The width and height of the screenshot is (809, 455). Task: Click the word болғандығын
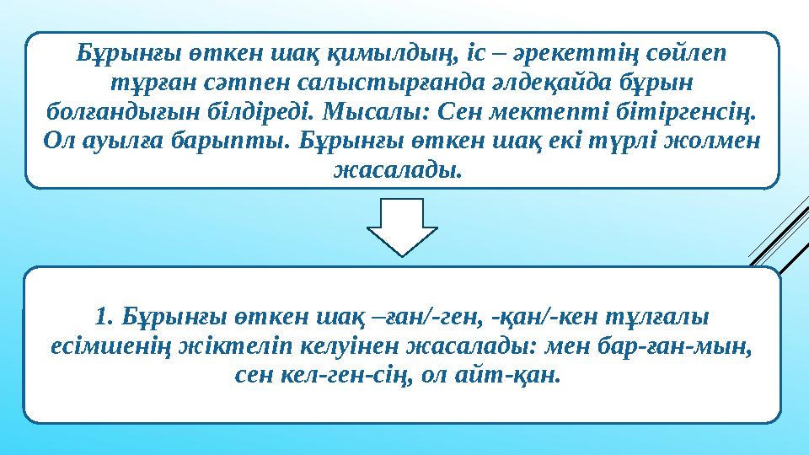(97, 110)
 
